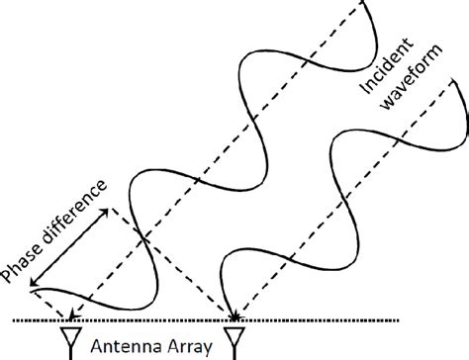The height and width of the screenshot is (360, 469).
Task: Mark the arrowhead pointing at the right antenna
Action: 235,315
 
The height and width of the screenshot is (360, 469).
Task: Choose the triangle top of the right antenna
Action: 234,333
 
